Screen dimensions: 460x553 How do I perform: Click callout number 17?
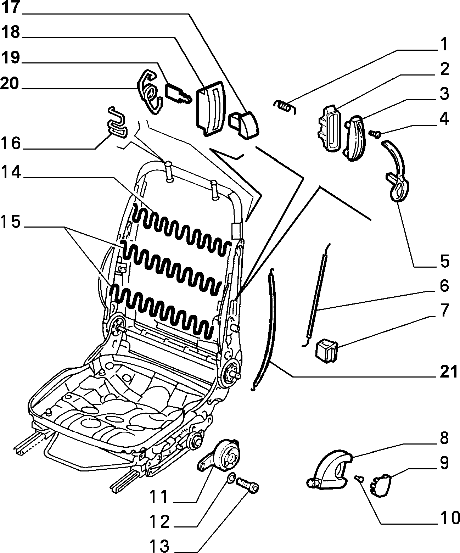click(x=11, y=7)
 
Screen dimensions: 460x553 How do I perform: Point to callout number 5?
click(x=445, y=261)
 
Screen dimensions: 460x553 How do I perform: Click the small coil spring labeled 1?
click(x=285, y=106)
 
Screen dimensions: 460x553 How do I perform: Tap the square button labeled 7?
click(x=327, y=352)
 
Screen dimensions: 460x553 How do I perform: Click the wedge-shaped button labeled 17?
click(x=243, y=125)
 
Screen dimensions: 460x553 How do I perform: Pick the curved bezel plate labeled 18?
click(x=211, y=108)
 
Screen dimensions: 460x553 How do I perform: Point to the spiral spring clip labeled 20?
click(x=150, y=92)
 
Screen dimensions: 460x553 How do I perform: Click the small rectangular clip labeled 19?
click(x=178, y=94)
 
